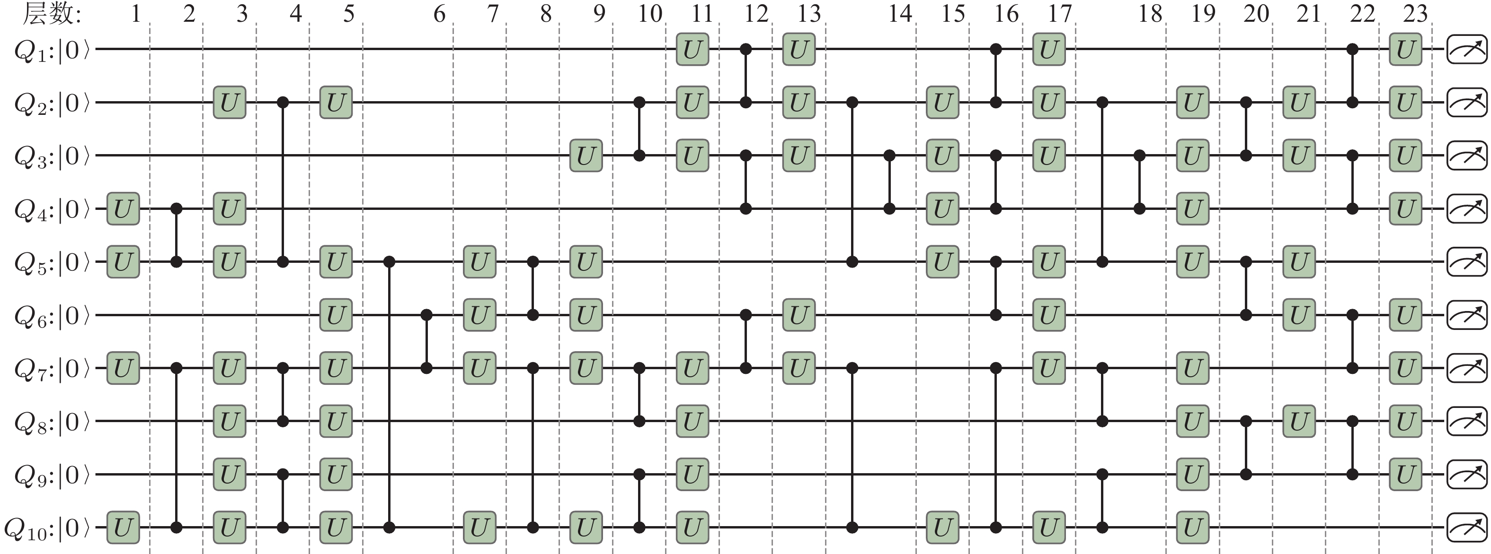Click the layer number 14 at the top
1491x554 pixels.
pos(900,14)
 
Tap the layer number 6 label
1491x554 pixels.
pos(439,14)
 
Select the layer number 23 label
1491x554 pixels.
pos(1416,14)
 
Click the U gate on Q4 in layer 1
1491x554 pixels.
pos(123,209)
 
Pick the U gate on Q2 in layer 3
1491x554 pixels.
pos(229,103)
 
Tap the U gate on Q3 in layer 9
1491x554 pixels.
pos(586,156)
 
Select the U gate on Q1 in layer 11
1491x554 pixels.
pos(692,50)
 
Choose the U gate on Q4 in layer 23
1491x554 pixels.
pos(1405,209)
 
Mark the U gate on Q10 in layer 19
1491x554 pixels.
pos(1192,528)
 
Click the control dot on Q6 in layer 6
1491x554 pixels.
pos(426,316)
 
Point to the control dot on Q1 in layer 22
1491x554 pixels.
pos(1353,50)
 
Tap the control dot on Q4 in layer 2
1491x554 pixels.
pos(177,209)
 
